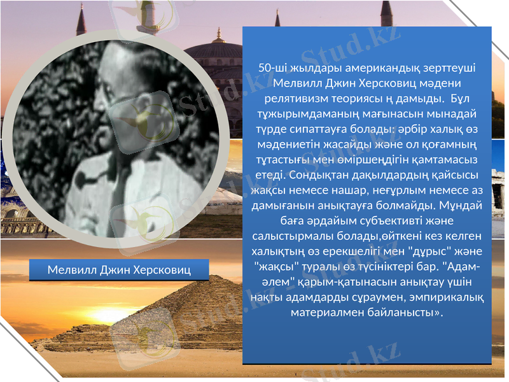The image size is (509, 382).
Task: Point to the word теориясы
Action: (x=356, y=99)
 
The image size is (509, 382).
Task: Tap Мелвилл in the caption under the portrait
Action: (x=71, y=270)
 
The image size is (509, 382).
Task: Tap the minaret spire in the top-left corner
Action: (x=81, y=19)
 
